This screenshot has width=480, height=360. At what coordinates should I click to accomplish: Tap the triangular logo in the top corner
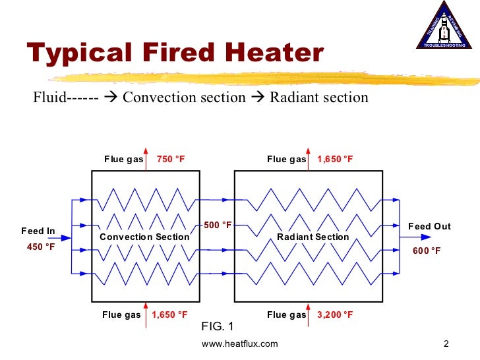click(444, 26)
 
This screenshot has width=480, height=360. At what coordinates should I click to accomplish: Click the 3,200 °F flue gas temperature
click(335, 315)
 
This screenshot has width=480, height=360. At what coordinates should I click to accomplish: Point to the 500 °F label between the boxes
click(218, 225)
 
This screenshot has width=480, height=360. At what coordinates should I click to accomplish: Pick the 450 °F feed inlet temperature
click(40, 247)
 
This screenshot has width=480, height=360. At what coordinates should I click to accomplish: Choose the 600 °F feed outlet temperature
click(426, 251)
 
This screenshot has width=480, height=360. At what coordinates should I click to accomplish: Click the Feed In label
click(38, 231)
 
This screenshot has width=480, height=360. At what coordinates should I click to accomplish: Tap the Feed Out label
click(429, 227)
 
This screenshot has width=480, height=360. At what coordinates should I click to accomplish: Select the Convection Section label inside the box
click(144, 237)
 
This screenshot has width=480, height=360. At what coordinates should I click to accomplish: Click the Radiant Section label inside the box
click(313, 237)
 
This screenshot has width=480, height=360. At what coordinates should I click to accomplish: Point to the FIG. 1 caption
click(217, 326)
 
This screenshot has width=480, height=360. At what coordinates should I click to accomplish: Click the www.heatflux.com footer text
click(240, 344)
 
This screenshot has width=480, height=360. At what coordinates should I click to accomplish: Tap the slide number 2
click(446, 344)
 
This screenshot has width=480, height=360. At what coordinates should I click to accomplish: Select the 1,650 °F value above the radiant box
click(335, 160)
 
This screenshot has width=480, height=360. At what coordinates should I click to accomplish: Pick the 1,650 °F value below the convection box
click(169, 315)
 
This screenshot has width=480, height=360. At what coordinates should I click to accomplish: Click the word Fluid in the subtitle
click(50, 98)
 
